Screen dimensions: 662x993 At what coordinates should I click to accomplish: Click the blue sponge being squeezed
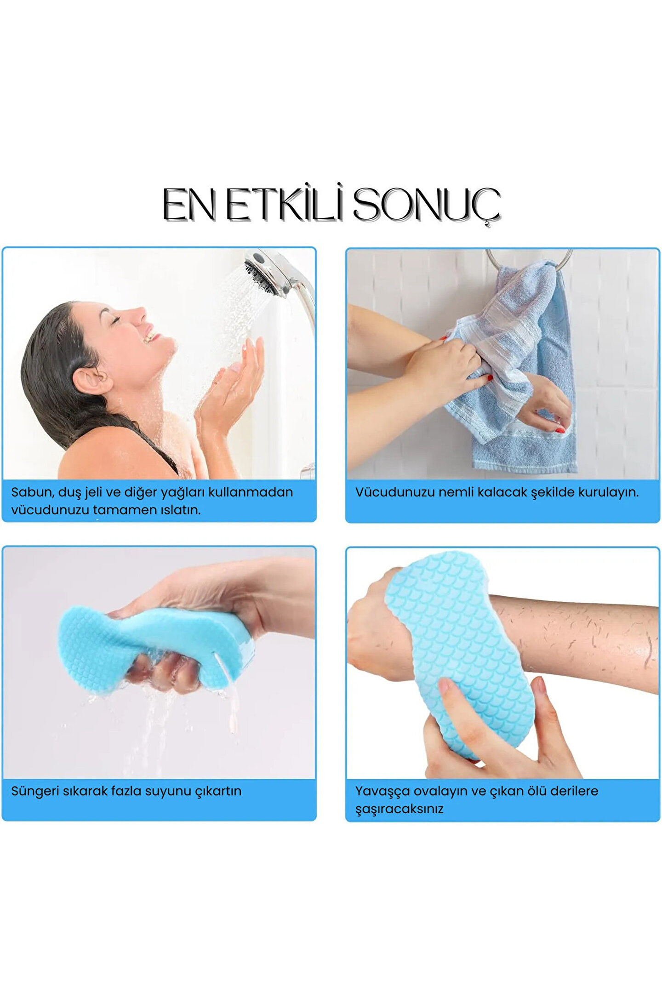pos(156,648)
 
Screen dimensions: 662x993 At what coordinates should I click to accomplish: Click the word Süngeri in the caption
pos(34,791)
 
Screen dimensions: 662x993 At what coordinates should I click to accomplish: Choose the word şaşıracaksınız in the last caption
pos(399,810)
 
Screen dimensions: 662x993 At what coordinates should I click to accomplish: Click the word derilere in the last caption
pos(574,791)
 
